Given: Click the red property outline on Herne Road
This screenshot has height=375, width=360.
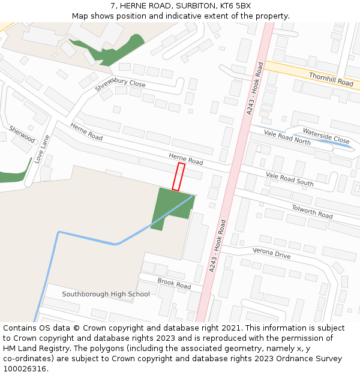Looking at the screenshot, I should click(x=178, y=176).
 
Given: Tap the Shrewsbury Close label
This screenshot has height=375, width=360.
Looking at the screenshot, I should click(x=120, y=85).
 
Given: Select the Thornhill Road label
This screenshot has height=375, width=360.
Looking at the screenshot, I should click(x=331, y=79).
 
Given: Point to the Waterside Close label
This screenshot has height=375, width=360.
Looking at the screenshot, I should click(x=326, y=136).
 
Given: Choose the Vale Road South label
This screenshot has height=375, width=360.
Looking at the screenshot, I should click(x=290, y=179).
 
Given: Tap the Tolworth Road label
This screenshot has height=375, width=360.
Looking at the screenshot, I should click(x=312, y=211).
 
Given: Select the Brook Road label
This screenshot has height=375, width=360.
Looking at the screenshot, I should click(x=174, y=284).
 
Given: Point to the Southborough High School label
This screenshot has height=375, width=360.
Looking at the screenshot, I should click(x=106, y=294).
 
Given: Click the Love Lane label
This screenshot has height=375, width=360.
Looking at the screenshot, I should click(x=42, y=149).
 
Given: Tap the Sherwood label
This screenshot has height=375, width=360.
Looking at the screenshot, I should click(x=22, y=134).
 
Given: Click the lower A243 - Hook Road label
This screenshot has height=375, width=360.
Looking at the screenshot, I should click(x=217, y=246).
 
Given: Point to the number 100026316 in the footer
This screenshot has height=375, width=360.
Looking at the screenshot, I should click(x=26, y=368).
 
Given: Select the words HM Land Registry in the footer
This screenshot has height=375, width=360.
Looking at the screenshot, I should click(x=38, y=348).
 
